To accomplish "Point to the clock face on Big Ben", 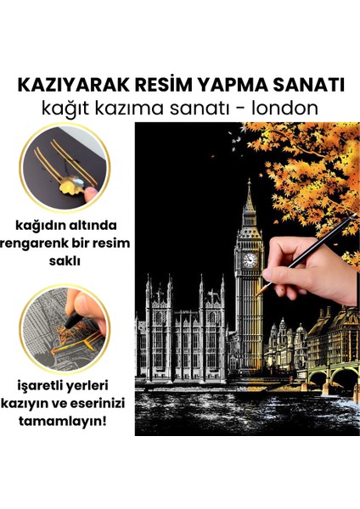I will pyautogui.click(x=250, y=260).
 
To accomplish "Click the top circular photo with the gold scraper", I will pyautogui.click(x=66, y=166).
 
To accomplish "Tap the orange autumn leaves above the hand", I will pyautogui.click(x=306, y=161).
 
